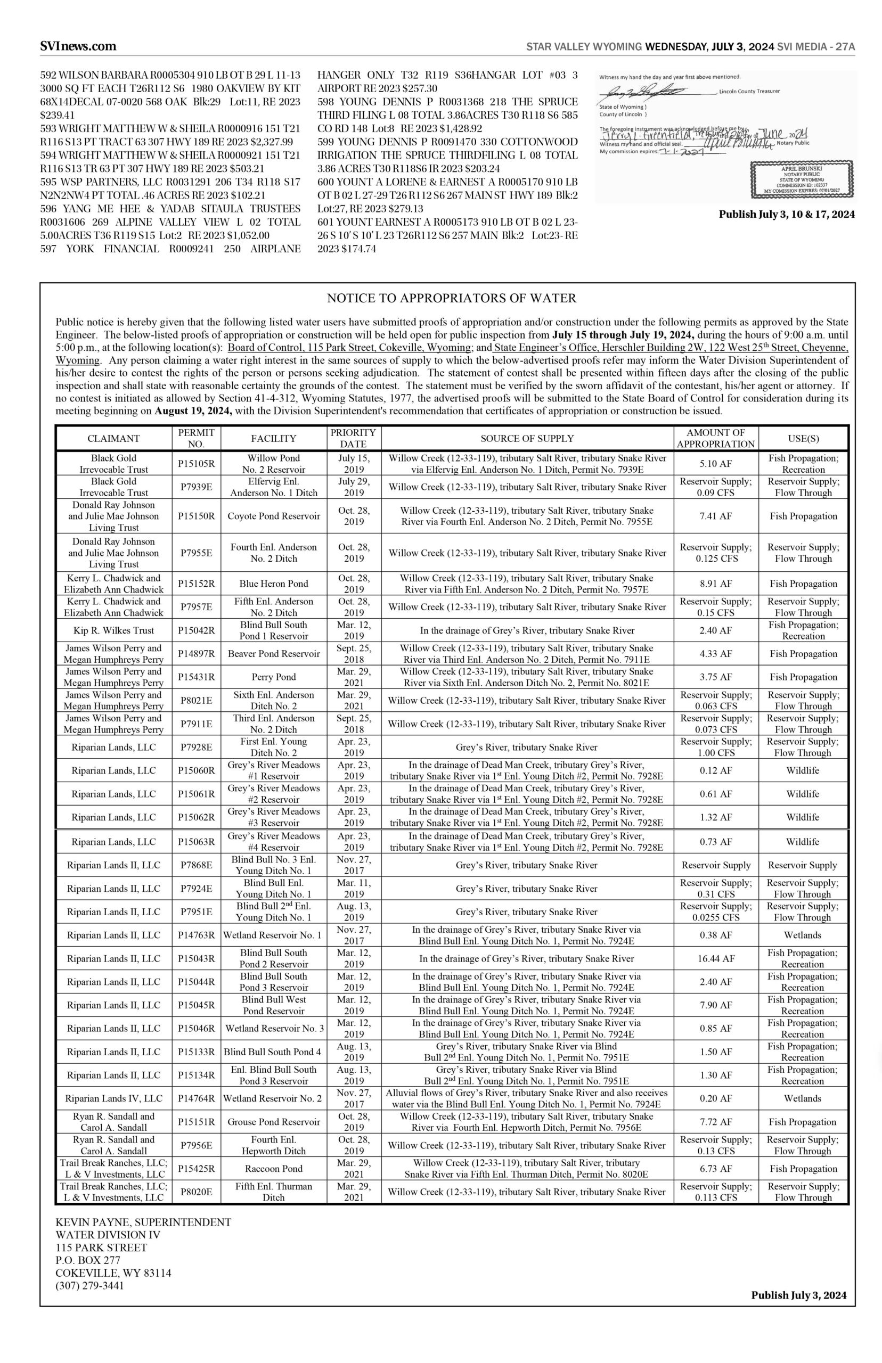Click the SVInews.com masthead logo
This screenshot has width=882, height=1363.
(x=78, y=46)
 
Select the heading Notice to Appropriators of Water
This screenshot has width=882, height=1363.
(x=451, y=298)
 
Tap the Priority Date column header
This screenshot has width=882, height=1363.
(x=353, y=438)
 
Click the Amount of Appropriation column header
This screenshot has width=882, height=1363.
(x=716, y=438)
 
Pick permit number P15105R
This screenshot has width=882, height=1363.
(x=196, y=464)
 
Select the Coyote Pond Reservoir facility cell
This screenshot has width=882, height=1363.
(x=274, y=516)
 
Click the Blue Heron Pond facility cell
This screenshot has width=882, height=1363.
(x=274, y=584)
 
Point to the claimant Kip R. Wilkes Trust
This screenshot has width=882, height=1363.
(x=113, y=630)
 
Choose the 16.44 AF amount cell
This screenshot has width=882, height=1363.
(x=716, y=958)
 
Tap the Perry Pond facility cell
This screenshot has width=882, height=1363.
(x=274, y=677)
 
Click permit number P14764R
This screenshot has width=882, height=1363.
(x=196, y=1098)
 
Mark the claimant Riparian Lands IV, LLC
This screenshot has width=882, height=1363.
(x=113, y=1098)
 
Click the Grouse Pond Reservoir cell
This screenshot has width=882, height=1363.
(x=274, y=1122)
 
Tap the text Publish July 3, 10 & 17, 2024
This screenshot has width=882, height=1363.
(x=787, y=215)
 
